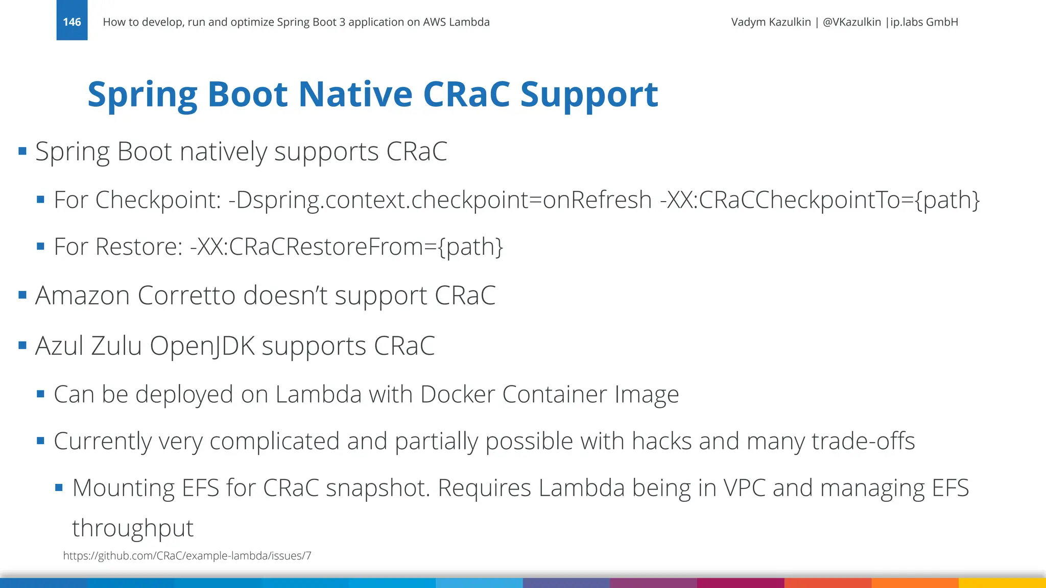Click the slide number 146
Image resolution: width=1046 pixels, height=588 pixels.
(72, 22)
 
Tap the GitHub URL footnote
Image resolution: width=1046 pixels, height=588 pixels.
(187, 556)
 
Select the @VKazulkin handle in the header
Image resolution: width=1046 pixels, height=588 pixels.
(851, 22)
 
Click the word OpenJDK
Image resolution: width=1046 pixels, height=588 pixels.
(202, 346)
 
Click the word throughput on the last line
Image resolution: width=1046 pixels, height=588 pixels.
(133, 528)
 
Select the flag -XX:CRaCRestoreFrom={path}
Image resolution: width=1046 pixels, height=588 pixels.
(346, 247)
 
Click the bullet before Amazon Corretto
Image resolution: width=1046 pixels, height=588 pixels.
(22, 295)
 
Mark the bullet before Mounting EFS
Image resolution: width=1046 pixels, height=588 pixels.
(59, 488)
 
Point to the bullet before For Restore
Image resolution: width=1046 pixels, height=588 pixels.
(41, 247)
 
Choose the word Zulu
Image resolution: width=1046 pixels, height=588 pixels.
(116, 346)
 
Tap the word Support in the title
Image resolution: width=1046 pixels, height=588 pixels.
(589, 94)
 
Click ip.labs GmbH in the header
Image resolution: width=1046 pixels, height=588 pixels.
(924, 22)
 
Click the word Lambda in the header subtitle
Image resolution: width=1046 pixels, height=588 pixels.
(469, 22)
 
